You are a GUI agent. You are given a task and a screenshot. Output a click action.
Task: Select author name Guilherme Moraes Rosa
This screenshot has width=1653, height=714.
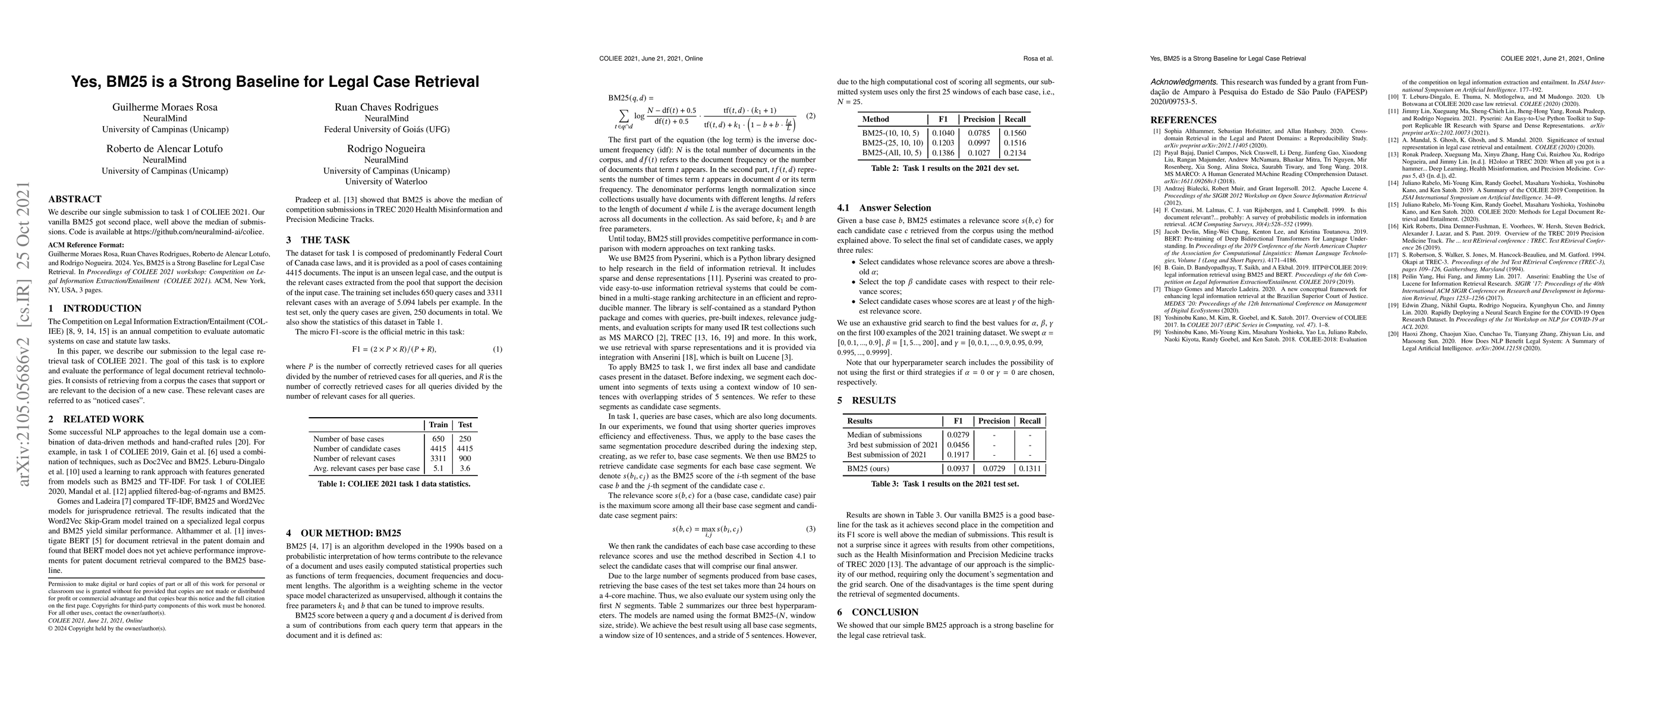click(165, 107)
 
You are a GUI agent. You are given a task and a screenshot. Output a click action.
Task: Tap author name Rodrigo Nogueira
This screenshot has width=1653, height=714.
click(386, 149)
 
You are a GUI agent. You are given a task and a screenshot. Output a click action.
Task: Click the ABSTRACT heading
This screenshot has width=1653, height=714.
click(74, 199)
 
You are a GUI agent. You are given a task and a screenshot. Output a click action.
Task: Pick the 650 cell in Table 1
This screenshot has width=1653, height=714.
click(438, 439)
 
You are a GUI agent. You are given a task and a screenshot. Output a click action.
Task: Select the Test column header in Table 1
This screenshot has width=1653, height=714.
click(465, 424)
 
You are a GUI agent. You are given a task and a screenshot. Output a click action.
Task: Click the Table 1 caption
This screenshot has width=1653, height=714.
click(393, 484)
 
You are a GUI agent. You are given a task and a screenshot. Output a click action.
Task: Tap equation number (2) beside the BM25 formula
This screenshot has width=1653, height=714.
click(811, 116)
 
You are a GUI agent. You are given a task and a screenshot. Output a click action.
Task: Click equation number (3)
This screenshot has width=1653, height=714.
click(811, 529)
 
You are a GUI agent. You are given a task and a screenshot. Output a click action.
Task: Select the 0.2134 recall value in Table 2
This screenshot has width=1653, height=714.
click(1014, 153)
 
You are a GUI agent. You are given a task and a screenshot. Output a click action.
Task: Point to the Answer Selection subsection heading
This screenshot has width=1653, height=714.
click(895, 208)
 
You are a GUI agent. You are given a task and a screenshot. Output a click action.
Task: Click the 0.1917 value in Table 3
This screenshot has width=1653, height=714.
click(958, 455)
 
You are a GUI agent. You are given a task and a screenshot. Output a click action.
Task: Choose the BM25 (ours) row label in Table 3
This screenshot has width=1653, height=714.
click(870, 469)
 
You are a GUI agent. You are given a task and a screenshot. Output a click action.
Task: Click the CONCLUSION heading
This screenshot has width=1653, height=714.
click(885, 612)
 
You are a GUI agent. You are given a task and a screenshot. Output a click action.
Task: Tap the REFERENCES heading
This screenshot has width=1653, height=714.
click(1183, 120)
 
